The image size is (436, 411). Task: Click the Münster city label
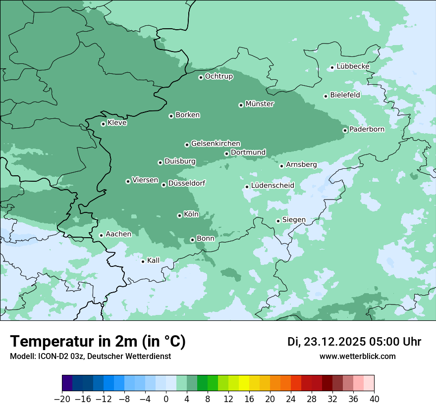260,104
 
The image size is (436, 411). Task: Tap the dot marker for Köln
179,215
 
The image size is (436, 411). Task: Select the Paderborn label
367,130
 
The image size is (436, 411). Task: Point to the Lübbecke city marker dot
332,68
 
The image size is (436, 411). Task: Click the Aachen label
118,234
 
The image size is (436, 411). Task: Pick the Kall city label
154,260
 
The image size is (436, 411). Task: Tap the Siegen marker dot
278,221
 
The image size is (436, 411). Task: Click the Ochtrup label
219,76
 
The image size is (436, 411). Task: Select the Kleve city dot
103,124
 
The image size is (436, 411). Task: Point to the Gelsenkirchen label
216,144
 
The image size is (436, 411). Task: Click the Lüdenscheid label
272,186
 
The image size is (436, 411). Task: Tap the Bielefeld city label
345,95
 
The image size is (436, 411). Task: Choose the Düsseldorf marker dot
163,185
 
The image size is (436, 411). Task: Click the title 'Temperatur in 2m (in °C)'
98,342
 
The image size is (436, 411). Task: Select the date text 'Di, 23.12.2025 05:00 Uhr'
354,342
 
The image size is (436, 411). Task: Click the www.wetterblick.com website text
357,357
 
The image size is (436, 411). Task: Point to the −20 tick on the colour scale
62,399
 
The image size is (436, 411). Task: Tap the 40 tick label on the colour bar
374,399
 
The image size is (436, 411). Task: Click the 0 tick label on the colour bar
166,399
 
